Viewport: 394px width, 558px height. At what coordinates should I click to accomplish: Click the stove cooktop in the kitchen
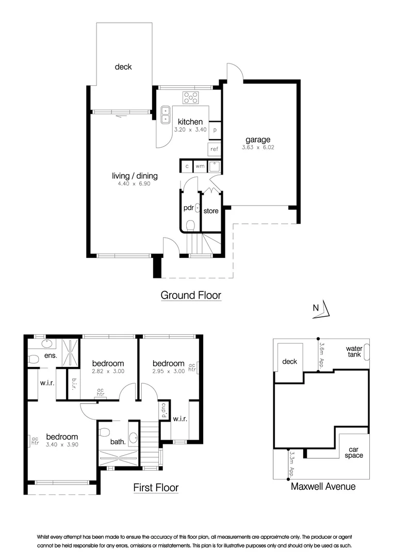click(191, 97)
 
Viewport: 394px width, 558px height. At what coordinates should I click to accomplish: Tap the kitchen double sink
click(166, 114)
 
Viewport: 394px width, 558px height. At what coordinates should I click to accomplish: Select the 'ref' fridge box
click(215, 149)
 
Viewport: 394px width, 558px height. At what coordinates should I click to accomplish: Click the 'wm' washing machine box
click(200, 166)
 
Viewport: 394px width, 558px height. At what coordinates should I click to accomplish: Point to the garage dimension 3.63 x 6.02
click(258, 147)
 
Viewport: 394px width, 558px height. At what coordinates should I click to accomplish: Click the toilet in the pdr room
click(190, 225)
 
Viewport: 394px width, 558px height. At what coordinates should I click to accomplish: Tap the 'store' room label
click(211, 211)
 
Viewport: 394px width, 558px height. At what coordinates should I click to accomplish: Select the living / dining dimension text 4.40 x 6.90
click(135, 184)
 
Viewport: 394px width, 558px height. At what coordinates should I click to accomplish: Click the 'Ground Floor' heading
click(191, 295)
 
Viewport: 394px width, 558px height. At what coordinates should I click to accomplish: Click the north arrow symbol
click(326, 308)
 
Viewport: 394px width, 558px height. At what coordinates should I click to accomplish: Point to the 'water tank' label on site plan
click(354, 352)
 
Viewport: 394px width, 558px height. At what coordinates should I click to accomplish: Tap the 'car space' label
click(354, 452)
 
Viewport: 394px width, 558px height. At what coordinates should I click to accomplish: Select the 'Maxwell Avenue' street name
click(323, 486)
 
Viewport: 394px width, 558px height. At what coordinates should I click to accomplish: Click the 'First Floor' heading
click(156, 487)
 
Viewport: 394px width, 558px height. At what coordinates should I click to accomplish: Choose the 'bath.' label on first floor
click(118, 442)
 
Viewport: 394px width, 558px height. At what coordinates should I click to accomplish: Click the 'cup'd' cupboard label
click(164, 411)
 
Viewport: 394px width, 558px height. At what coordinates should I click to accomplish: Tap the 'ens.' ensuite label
click(51, 356)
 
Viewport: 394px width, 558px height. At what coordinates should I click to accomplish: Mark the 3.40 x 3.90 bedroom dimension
click(61, 444)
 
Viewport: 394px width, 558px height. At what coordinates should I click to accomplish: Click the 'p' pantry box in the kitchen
click(215, 130)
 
